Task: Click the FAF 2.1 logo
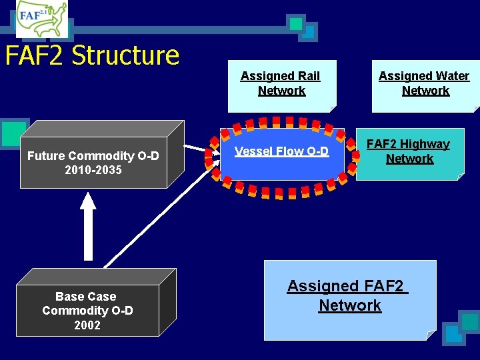point(41,19)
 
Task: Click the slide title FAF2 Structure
point(92,55)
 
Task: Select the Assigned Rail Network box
point(281,85)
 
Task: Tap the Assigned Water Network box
point(424,85)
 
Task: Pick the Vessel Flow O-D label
point(281,151)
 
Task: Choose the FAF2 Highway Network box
point(409,153)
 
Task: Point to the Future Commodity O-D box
point(93,163)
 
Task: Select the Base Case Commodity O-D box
point(87,311)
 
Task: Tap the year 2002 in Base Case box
point(87,325)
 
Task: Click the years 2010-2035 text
point(93,171)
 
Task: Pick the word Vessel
point(251,151)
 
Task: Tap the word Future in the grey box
point(46,156)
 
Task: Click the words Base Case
point(86,297)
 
